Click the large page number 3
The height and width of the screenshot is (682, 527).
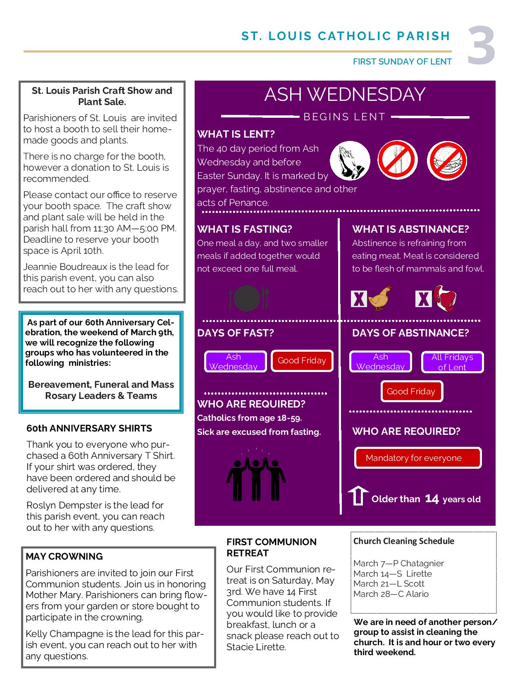pos(482,46)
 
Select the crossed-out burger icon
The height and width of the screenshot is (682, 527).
pos(447,161)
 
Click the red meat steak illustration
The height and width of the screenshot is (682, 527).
pos(444,298)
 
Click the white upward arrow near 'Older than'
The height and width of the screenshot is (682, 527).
pos(358,496)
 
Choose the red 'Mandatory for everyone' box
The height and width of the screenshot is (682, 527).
pos(418,458)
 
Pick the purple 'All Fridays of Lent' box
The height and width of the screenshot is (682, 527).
pos(452,362)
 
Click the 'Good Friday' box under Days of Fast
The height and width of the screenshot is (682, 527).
pos(302,360)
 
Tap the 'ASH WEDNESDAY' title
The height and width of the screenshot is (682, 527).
pos(345,94)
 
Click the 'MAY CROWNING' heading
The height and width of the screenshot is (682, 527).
pos(64,556)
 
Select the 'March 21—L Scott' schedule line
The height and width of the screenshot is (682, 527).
pos(389,584)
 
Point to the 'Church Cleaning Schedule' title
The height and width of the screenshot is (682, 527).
pos(403,541)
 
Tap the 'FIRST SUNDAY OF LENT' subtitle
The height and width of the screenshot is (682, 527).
pos(402,62)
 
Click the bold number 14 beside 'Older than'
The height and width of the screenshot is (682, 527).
pos(432,499)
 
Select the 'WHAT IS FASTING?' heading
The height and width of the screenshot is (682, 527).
pos(245,229)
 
